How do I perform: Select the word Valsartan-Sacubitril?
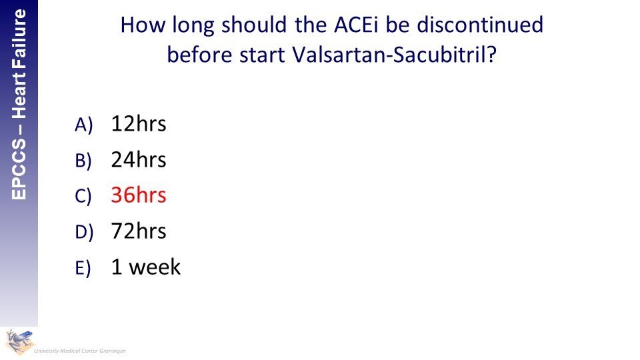pyautogui.click(x=394, y=55)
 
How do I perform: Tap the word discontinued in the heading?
pyautogui.click(x=480, y=25)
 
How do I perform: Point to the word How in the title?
pyautogui.click(x=143, y=25)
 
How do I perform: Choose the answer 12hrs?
pyautogui.click(x=139, y=124)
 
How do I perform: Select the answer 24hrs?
pyautogui.click(x=139, y=159)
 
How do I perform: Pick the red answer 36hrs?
pyautogui.click(x=139, y=195)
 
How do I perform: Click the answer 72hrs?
pyautogui.click(x=139, y=231)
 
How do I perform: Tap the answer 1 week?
pyautogui.click(x=146, y=267)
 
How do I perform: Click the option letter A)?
pyautogui.click(x=84, y=125)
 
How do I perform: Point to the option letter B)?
pyautogui.click(x=83, y=161)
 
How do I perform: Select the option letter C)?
pyautogui.click(x=83, y=196)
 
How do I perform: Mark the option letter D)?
pyautogui.click(x=84, y=232)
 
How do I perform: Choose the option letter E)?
pyautogui.click(x=83, y=268)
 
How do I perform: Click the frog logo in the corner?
pyautogui.click(x=19, y=341)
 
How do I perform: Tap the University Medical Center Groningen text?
pyautogui.click(x=80, y=351)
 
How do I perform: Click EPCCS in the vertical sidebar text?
pyautogui.click(x=19, y=169)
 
